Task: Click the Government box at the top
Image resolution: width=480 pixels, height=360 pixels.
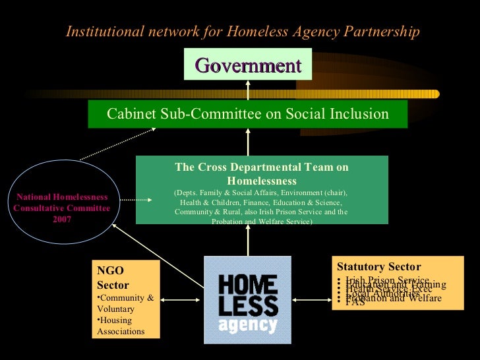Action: (x=248, y=65)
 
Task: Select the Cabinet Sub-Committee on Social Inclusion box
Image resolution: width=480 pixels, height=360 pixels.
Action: (x=248, y=114)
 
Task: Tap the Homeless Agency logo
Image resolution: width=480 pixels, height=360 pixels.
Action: (x=248, y=300)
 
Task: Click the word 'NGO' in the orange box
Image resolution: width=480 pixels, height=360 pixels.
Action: (x=110, y=270)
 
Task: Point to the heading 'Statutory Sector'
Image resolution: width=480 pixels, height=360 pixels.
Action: (x=378, y=267)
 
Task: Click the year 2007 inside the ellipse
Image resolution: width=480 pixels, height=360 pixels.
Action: (x=62, y=219)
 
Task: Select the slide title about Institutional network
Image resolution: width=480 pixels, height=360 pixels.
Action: (x=243, y=32)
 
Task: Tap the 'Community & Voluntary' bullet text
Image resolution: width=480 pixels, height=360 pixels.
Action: (x=125, y=303)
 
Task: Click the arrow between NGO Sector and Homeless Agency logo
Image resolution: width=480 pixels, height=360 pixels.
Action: (x=182, y=300)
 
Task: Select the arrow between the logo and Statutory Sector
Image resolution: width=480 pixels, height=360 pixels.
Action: (x=312, y=300)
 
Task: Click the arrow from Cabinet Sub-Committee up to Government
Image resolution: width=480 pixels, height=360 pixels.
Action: (x=248, y=90)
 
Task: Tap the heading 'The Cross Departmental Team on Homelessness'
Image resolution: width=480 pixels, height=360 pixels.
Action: (x=262, y=173)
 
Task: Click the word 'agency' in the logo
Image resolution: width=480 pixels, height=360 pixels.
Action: (x=247, y=325)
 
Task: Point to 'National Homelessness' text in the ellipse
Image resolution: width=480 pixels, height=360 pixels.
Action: (x=62, y=197)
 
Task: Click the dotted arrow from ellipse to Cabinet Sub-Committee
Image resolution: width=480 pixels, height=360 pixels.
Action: (x=117, y=144)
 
